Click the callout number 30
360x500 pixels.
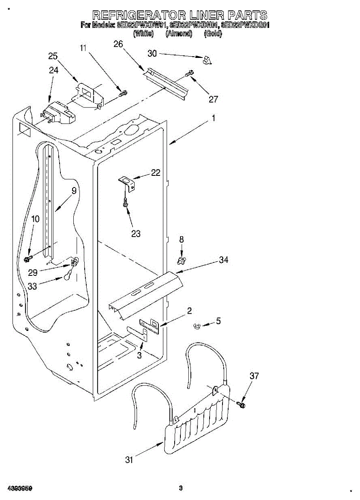(152, 53)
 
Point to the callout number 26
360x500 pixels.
(118, 44)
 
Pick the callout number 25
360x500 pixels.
(53, 56)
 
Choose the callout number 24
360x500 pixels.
(54, 70)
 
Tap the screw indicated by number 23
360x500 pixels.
(124, 203)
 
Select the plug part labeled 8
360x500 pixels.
(181, 260)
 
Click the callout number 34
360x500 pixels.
(224, 260)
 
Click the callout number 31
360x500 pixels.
(130, 460)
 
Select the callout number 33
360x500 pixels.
(32, 286)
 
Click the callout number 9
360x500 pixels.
(74, 191)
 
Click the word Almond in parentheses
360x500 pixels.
(179, 34)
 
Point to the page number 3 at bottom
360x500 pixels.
(180, 488)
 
